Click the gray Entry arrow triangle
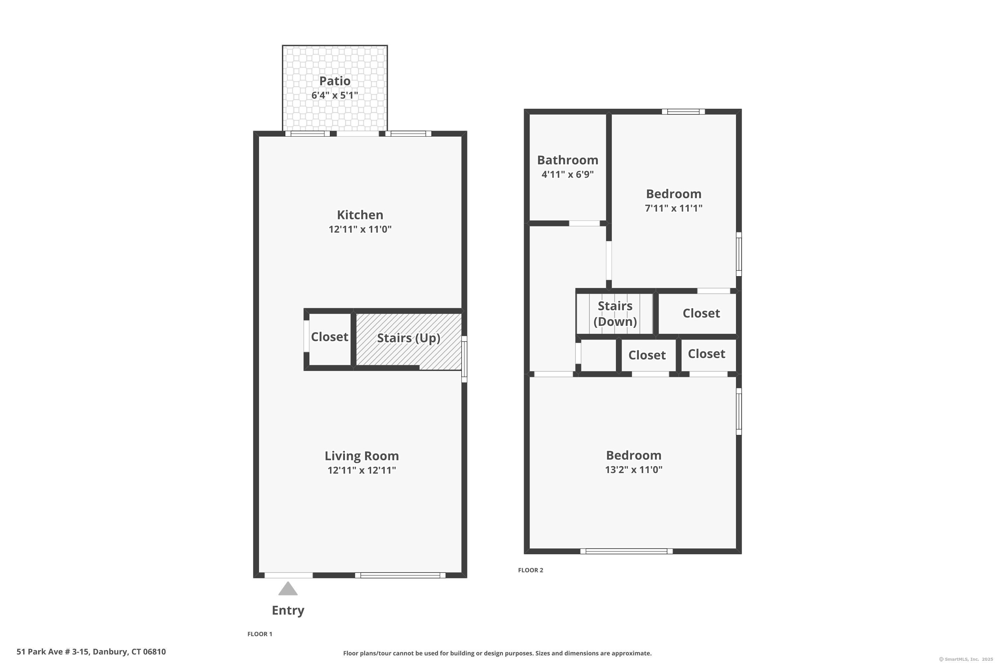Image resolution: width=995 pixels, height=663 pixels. (288, 589)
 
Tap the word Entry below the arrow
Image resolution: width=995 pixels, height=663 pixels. (288, 611)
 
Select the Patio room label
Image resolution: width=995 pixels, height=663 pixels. (335, 81)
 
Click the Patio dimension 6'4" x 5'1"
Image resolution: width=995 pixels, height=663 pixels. (335, 95)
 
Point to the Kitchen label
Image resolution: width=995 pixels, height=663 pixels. (360, 215)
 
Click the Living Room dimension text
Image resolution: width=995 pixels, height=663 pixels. (362, 470)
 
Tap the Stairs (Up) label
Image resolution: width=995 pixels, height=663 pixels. (409, 338)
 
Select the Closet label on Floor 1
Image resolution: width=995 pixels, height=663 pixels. (330, 336)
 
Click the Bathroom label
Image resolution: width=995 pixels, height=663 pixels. (568, 160)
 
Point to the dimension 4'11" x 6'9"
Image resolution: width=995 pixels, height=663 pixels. (568, 174)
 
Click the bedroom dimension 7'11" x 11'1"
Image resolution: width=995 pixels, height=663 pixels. (674, 208)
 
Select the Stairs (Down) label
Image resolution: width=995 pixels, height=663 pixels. (615, 314)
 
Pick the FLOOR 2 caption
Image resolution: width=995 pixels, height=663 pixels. (530, 570)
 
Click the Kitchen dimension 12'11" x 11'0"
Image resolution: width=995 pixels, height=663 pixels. (360, 229)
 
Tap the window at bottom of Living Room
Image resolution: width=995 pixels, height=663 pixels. (400, 575)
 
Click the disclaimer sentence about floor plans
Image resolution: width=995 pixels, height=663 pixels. (497, 653)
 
